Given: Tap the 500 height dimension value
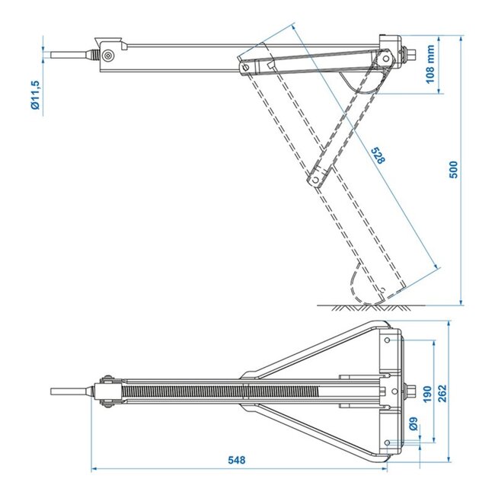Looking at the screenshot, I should [x=455, y=169].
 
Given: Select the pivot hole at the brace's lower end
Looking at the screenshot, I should [x=312, y=181].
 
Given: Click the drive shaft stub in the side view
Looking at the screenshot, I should [x=69, y=56].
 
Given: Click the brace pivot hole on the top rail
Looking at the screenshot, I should [x=246, y=67].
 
